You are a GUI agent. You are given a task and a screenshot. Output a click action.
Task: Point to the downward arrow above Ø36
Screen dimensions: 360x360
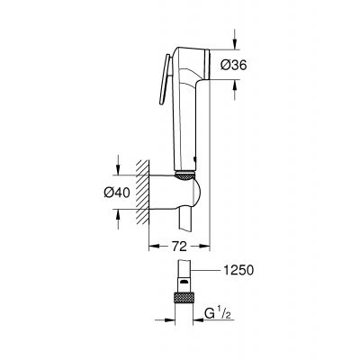coord(236,42)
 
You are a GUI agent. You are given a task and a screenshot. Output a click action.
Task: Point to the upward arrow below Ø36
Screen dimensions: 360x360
coord(236,85)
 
